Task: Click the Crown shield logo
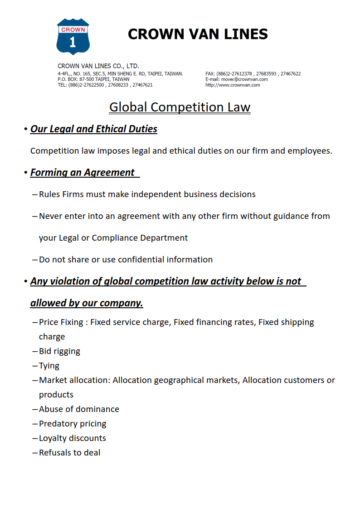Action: point(73,36)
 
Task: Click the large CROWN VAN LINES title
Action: point(198,34)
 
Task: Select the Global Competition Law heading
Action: point(180,107)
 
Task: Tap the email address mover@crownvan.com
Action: point(244,79)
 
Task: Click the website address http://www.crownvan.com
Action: point(233,85)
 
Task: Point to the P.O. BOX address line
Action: point(93,79)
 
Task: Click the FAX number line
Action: point(253,73)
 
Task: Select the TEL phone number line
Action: point(105,85)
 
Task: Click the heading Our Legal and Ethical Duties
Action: point(94,129)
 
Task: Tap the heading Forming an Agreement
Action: point(83,173)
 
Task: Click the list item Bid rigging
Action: point(59,351)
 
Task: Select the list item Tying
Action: point(49,366)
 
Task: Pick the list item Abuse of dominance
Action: point(79,409)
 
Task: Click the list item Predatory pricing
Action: point(73,424)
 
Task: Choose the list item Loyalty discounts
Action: point(73,438)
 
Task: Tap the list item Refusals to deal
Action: point(70,453)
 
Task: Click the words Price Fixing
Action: point(61,322)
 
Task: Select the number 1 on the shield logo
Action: point(73,43)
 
